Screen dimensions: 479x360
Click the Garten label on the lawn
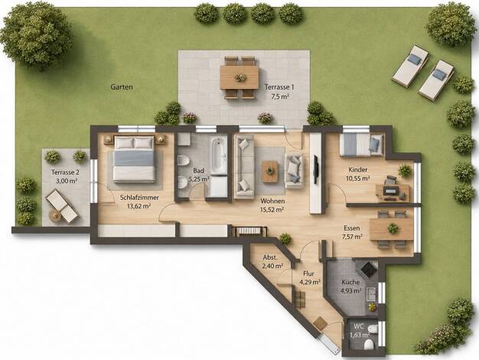tap(122, 87)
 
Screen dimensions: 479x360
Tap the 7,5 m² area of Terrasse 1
tap(280, 97)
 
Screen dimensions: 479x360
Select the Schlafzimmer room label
tap(139, 198)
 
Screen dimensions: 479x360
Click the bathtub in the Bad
tap(218, 155)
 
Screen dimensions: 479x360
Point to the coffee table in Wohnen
tap(270, 172)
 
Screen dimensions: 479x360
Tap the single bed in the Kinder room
tap(361, 144)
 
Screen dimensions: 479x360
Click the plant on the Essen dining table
tap(393, 228)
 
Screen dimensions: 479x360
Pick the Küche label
tap(350, 283)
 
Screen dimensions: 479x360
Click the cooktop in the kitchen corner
tap(369, 268)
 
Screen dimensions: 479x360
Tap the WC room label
tap(359, 326)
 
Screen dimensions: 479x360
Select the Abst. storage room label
tap(270, 257)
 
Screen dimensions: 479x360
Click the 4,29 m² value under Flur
tap(310, 282)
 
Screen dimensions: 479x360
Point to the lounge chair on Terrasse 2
tap(62, 205)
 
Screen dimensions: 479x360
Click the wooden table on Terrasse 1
tap(239, 77)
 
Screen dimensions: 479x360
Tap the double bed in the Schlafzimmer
tap(134, 159)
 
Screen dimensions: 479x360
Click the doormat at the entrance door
tap(320, 323)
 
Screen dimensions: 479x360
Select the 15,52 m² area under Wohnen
tap(272, 210)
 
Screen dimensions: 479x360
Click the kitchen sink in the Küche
tap(371, 294)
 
